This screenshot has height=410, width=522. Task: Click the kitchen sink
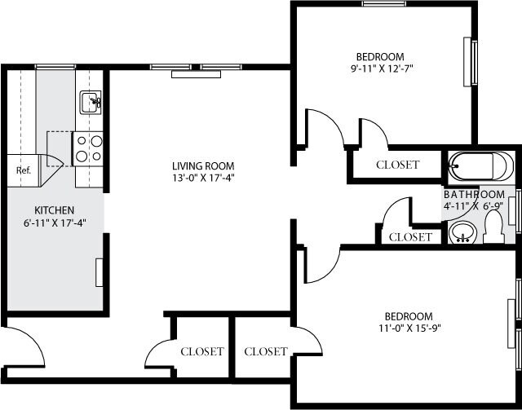click(x=90, y=103)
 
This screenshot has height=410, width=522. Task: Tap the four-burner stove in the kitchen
click(x=89, y=148)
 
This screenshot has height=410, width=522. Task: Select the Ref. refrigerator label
click(x=24, y=171)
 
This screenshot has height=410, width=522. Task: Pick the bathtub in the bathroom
click(x=480, y=167)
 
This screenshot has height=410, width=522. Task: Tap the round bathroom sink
click(x=462, y=234)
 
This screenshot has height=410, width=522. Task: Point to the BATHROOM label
click(x=474, y=195)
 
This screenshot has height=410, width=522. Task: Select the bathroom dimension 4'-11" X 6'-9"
click(x=474, y=207)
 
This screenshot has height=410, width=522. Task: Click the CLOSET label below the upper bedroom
click(x=397, y=165)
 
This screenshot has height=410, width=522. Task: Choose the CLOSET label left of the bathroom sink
click(x=410, y=237)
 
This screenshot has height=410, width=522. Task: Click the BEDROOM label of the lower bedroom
click(x=408, y=316)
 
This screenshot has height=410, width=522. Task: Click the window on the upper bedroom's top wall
click(x=385, y=4)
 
